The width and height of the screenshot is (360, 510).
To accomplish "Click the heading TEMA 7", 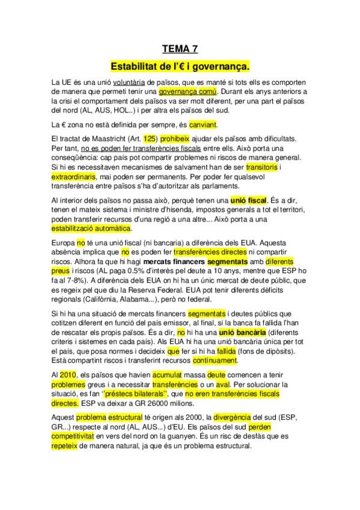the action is pos(180,50).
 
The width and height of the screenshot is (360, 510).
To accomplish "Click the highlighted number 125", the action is pos(150,138).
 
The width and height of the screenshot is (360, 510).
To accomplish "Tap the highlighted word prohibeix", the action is pos(176,138).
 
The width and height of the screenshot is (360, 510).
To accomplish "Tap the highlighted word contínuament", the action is pos(215,360).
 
